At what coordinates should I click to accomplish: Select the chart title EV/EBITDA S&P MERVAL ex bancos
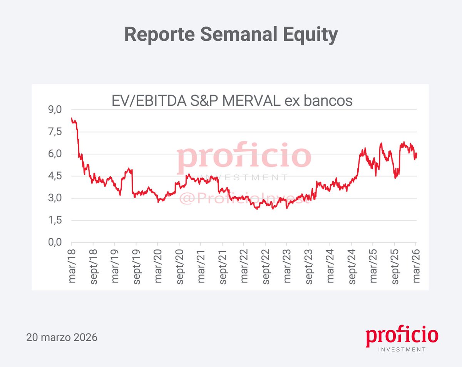[232, 101]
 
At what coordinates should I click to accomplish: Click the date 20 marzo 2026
[62, 338]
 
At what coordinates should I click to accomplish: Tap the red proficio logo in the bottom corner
[402, 337]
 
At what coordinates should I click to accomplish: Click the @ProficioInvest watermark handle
[244, 198]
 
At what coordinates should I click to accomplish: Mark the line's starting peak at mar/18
[72, 118]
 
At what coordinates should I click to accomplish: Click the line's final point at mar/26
[416, 154]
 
